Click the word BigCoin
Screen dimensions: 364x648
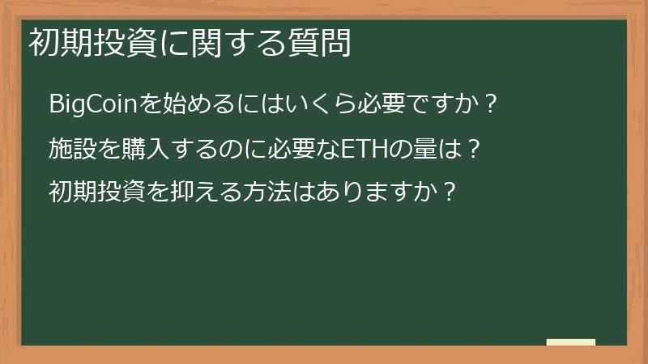click(x=88, y=104)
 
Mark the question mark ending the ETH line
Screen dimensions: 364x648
click(x=475, y=149)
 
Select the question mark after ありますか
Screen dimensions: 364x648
click(x=452, y=193)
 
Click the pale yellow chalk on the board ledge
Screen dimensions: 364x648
click(x=570, y=342)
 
